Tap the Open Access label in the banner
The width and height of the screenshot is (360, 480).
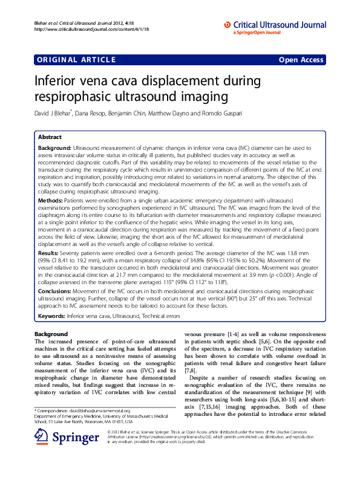pyautogui.click(x=301, y=60)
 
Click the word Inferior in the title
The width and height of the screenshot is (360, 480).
pyautogui.click(x=60, y=81)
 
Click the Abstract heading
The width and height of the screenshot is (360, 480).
pyautogui.click(x=50, y=137)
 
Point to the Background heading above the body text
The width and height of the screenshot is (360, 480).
pyautogui.click(x=51, y=334)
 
